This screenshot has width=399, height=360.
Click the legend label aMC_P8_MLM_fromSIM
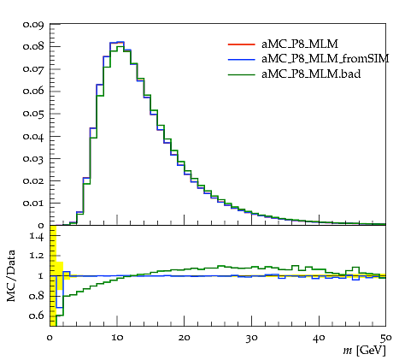[x=325, y=59]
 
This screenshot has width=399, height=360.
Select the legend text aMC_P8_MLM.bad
[x=311, y=74]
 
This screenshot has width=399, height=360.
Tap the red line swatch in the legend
[x=241, y=44]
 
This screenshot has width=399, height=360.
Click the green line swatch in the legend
[x=241, y=74]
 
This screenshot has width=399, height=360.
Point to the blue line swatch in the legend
[x=241, y=59]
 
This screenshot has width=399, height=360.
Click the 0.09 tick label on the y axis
[x=33, y=25]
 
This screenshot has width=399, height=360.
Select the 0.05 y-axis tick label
[x=33, y=114]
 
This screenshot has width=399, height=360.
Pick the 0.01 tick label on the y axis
[x=33, y=204]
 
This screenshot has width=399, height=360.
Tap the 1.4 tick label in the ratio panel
[x=37, y=236]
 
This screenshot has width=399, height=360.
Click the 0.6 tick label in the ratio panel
[x=37, y=316]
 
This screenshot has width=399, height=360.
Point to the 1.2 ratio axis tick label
[x=37, y=256]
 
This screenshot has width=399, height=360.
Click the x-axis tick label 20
[x=185, y=338]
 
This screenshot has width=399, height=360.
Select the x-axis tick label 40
[x=319, y=338]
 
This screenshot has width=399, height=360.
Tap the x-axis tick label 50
[x=386, y=338]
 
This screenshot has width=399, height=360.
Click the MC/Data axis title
[x=11, y=275]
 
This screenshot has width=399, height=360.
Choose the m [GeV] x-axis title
[x=364, y=350]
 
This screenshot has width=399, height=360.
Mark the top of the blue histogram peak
[x=120, y=42]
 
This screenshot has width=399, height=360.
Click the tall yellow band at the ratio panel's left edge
[x=53, y=275]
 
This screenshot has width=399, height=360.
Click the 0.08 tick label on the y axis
[x=33, y=46]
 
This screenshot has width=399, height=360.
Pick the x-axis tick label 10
[x=117, y=338]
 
